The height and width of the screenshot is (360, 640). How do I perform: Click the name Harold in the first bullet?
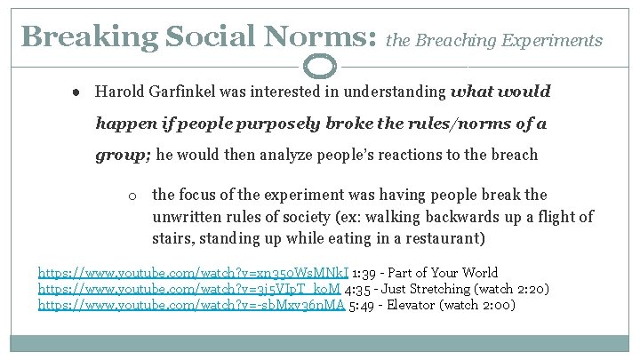119,92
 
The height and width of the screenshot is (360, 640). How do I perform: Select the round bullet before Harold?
79,92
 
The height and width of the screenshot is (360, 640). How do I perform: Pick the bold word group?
124,154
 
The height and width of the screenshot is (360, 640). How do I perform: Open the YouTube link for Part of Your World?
193,273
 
